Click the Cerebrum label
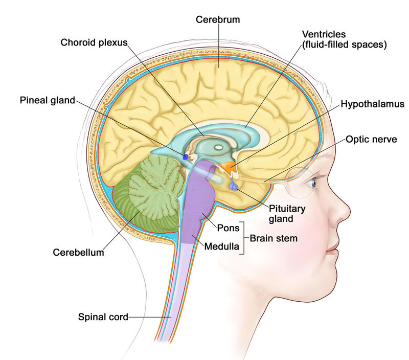click(219, 20)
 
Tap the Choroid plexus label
click(93, 42)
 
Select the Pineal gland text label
click(48, 99)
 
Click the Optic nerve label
click(372, 139)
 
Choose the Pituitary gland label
click(288, 213)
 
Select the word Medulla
click(221, 247)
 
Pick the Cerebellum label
click(78, 252)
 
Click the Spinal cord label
click(103, 317)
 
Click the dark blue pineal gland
click(186, 156)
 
